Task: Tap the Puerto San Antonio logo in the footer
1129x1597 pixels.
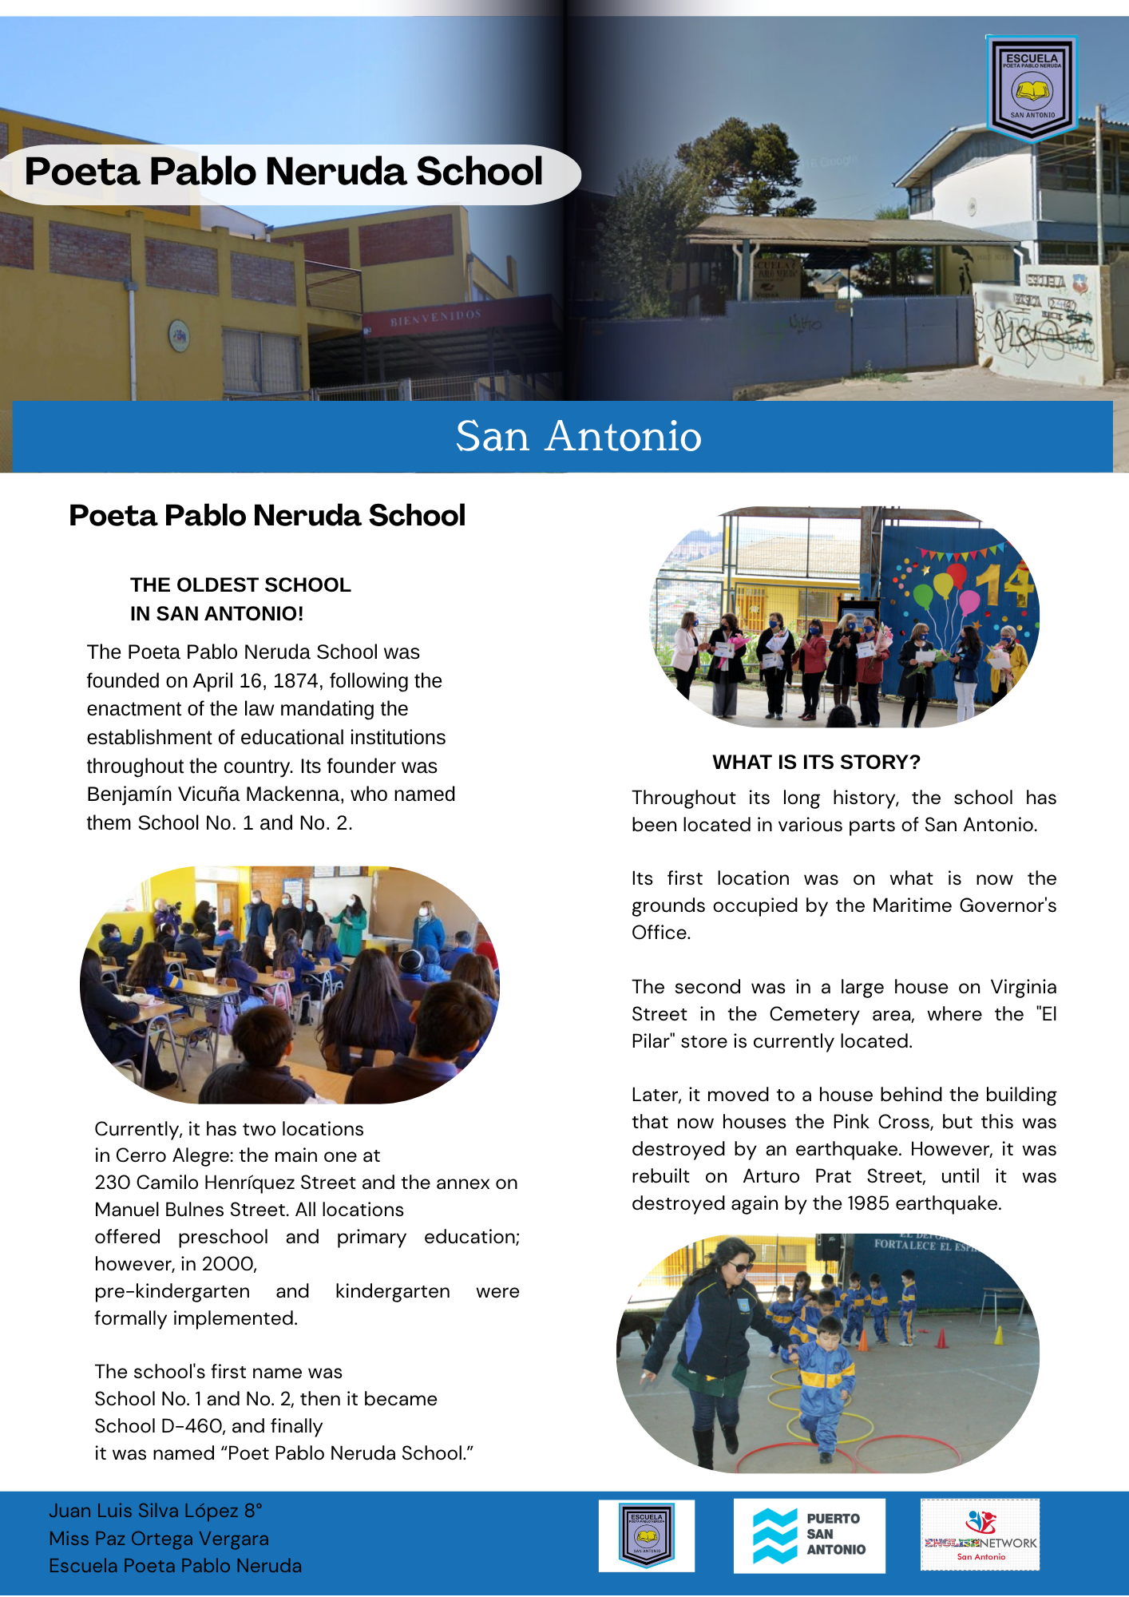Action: click(809, 1535)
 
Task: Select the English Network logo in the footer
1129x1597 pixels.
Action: click(980, 1535)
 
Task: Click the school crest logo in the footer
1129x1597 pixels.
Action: click(646, 1535)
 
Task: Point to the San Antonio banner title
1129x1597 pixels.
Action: click(578, 436)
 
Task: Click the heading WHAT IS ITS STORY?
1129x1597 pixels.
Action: click(816, 762)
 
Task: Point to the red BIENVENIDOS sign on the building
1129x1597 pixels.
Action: click(436, 318)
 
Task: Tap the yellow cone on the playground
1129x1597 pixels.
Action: click(998, 1335)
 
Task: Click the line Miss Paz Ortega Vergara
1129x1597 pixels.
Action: click(158, 1539)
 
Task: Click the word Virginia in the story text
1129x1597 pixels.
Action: click(1023, 987)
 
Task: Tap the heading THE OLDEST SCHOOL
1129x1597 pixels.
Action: click(240, 585)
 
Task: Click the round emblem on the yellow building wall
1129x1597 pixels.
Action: click(179, 336)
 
